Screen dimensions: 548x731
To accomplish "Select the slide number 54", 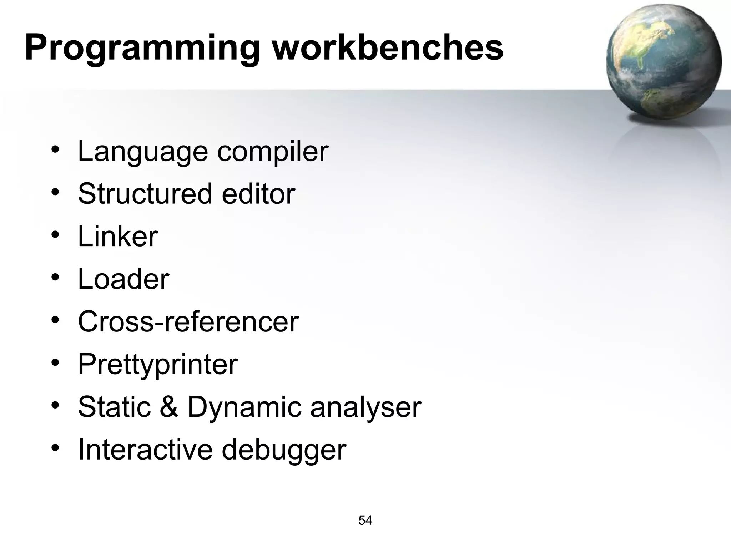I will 365,521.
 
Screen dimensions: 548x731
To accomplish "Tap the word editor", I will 258,194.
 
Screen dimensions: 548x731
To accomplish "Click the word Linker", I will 118,236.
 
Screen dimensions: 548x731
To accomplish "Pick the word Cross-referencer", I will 188,321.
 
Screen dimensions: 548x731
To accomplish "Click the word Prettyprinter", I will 158,364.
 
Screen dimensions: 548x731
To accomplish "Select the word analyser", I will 366,407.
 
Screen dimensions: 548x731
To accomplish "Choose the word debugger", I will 284,450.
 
